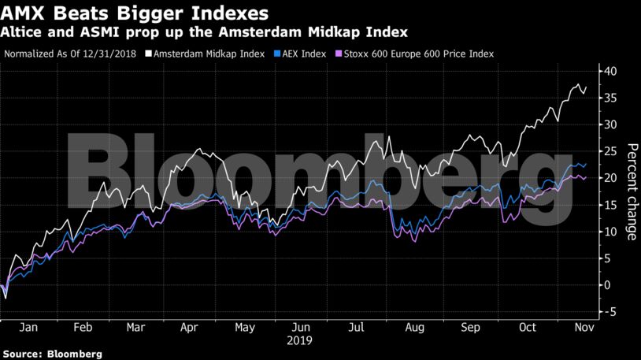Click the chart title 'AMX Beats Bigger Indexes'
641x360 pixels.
tap(135, 13)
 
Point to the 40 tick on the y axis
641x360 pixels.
tap(609, 71)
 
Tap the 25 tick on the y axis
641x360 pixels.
tap(609, 151)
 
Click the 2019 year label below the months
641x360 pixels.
tap(300, 340)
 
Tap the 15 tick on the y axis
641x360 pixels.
tap(609, 205)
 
